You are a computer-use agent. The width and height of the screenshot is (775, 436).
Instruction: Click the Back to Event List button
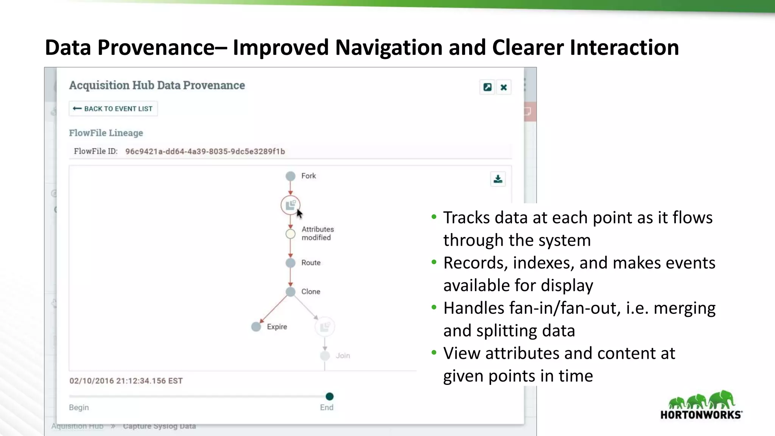(113, 109)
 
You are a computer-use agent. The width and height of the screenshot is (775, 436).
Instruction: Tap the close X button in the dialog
(504, 87)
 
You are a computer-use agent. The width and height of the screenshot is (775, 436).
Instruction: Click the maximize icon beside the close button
(487, 87)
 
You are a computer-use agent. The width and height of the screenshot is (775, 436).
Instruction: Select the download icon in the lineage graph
(498, 179)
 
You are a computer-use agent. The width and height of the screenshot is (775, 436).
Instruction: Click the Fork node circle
(290, 176)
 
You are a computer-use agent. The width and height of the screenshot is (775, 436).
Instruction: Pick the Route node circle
(290, 263)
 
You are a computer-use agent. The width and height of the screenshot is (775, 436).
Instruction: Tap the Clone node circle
(290, 292)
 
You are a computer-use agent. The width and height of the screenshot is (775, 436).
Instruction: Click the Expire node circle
(256, 327)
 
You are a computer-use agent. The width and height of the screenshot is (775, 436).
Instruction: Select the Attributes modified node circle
(290, 234)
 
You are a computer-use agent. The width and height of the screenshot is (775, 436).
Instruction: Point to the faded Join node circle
(325, 356)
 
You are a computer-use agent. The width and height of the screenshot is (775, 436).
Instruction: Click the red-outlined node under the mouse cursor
(290, 205)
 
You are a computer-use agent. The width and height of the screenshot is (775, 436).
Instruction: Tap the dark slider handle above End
(330, 396)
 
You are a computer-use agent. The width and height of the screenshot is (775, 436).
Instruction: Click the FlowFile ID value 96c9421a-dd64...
(205, 151)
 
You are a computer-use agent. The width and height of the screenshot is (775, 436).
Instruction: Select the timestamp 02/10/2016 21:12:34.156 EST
(126, 381)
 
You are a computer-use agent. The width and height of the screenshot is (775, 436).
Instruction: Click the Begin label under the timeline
(79, 407)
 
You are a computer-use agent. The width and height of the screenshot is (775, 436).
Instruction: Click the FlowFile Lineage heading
(106, 133)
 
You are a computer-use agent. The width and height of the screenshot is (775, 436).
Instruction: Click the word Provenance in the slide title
(156, 48)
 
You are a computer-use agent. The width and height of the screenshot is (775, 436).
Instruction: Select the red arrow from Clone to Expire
(273, 309)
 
